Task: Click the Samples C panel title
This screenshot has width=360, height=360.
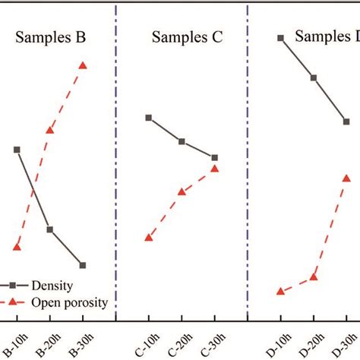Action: pyautogui.click(x=186, y=38)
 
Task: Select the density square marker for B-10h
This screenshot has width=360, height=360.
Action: pyautogui.click(x=17, y=150)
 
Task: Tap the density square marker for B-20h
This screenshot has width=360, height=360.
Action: pyautogui.click(x=49, y=229)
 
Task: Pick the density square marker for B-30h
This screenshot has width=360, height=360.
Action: pyautogui.click(x=83, y=265)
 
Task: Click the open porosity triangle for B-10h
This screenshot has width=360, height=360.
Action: pyautogui.click(x=17, y=247)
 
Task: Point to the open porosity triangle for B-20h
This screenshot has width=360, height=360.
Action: pyautogui.click(x=49, y=130)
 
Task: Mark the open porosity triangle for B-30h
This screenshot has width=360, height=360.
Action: pyautogui.click(x=83, y=65)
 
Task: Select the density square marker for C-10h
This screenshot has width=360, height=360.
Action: pyautogui.click(x=149, y=118)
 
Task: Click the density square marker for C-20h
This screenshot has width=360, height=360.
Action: pyautogui.click(x=182, y=141)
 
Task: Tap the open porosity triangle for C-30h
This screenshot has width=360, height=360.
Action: pyautogui.click(x=215, y=168)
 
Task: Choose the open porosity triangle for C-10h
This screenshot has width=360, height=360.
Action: pyautogui.click(x=149, y=238)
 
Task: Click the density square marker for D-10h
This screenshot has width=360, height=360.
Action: pyautogui.click(x=281, y=37)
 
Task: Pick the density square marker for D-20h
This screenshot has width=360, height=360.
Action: pyautogui.click(x=314, y=77)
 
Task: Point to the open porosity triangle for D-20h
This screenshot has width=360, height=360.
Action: pyautogui.click(x=314, y=276)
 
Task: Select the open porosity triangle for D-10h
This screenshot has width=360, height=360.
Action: pyautogui.click(x=281, y=291)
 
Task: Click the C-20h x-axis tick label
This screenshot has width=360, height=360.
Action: pyautogui.click(x=182, y=343)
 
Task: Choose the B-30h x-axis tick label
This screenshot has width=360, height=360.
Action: pyautogui.click(x=84, y=343)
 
